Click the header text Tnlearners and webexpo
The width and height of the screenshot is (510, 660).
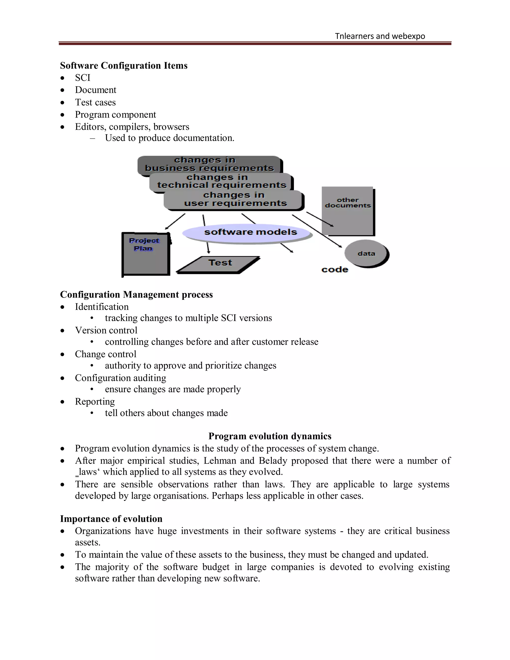(380, 36)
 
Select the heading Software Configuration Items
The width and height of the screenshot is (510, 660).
(124, 66)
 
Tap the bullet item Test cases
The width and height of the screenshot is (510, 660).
(95, 102)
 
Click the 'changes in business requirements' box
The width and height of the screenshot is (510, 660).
(209, 164)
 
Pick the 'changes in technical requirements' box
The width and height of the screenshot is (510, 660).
(221, 181)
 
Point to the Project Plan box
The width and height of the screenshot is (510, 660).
(146, 254)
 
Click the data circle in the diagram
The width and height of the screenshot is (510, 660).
(366, 254)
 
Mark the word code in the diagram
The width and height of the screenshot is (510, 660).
(335, 269)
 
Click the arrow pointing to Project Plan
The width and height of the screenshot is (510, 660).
(175, 221)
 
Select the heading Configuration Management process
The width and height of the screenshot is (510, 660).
(136, 295)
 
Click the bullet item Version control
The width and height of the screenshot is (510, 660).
(106, 330)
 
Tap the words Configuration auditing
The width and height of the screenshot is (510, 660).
(121, 378)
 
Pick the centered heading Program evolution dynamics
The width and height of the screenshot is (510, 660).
(270, 436)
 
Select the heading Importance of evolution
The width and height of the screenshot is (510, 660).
(111, 519)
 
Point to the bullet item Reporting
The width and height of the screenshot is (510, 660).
(95, 402)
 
